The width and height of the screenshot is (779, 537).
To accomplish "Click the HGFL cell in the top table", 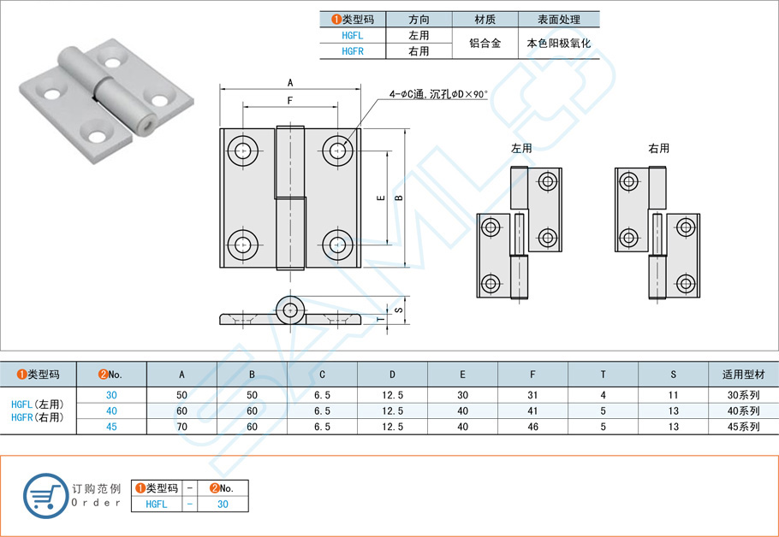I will point(352,36).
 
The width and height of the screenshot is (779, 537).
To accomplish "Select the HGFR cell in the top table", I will point(352,51).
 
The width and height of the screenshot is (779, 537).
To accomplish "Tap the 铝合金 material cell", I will point(485,44).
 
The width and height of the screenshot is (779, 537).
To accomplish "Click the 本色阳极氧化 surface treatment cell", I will point(560,44).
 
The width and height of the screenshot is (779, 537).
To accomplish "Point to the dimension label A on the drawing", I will point(290,83).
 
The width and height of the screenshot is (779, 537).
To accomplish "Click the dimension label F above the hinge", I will point(290,101).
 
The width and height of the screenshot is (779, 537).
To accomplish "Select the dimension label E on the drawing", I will point(381,197).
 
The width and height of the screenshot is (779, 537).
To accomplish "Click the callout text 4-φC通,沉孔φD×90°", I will point(437,94).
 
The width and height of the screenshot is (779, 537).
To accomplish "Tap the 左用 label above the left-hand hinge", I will point(521,149).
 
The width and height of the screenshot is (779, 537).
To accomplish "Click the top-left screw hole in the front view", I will point(242,151).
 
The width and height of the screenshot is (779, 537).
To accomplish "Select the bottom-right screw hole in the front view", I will point(338,244).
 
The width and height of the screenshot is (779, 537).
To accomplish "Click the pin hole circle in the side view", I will point(292,310).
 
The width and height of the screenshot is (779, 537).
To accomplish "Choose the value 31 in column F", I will point(532,395).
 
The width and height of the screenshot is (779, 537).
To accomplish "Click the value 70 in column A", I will point(181,427).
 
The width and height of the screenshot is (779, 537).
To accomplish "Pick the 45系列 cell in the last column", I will point(743,427).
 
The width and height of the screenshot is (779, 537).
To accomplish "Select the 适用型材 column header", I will point(743,375).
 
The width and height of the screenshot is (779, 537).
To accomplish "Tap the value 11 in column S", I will point(673,395).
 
